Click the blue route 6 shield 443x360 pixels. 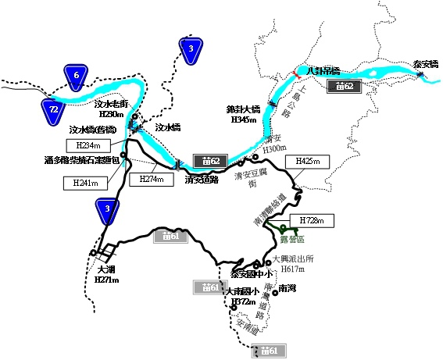pos(76,76)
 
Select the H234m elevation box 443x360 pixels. pos(88,146)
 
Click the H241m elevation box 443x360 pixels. pos(84,184)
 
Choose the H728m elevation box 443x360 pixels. pos(311,221)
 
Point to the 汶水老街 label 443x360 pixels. pos(110,103)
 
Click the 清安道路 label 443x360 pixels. pos(201,177)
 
